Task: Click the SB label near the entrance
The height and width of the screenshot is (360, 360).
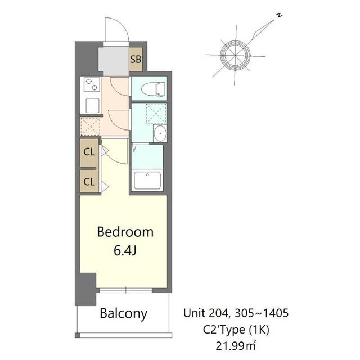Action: pyautogui.click(x=135, y=59)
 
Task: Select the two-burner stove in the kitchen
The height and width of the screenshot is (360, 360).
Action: pyautogui.click(x=91, y=85)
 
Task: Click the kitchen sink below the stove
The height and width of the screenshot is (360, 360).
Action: pyautogui.click(x=91, y=105)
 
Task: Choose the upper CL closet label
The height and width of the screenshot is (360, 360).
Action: pyautogui.click(x=89, y=151)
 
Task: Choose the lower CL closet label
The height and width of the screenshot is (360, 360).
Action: pyautogui.click(x=89, y=182)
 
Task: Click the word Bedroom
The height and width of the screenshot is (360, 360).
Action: pyautogui.click(x=125, y=232)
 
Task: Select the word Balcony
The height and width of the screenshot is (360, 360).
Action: pyautogui.click(x=124, y=313)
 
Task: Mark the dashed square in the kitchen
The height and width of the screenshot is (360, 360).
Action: pyautogui.click(x=91, y=126)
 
